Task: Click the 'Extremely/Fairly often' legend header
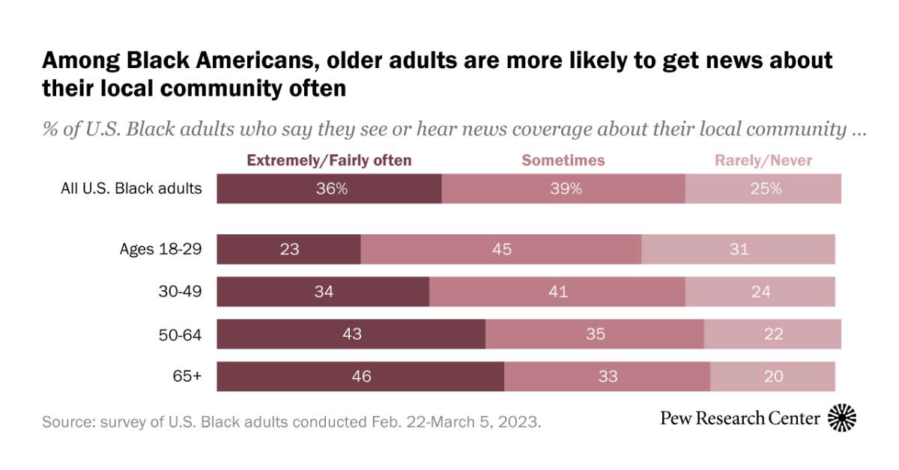tap(329, 160)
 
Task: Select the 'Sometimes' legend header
tap(563, 160)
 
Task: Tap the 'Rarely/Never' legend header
tap(763, 160)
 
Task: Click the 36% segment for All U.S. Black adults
tap(330, 189)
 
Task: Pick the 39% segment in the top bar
tap(563, 189)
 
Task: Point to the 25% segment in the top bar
tap(763, 189)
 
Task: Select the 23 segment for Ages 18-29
tap(289, 249)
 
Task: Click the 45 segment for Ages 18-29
tap(501, 249)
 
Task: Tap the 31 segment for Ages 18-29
tap(738, 249)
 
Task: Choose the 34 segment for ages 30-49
tap(323, 292)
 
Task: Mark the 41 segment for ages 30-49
tap(557, 292)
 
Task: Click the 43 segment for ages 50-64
tap(351, 334)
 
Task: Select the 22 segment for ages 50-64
tap(772, 334)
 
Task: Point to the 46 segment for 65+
tap(360, 376)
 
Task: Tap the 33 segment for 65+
tap(607, 376)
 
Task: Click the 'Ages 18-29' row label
tap(160, 249)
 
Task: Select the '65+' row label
tap(187, 376)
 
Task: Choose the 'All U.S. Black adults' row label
tap(131, 189)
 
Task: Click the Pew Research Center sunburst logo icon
tap(842, 418)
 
